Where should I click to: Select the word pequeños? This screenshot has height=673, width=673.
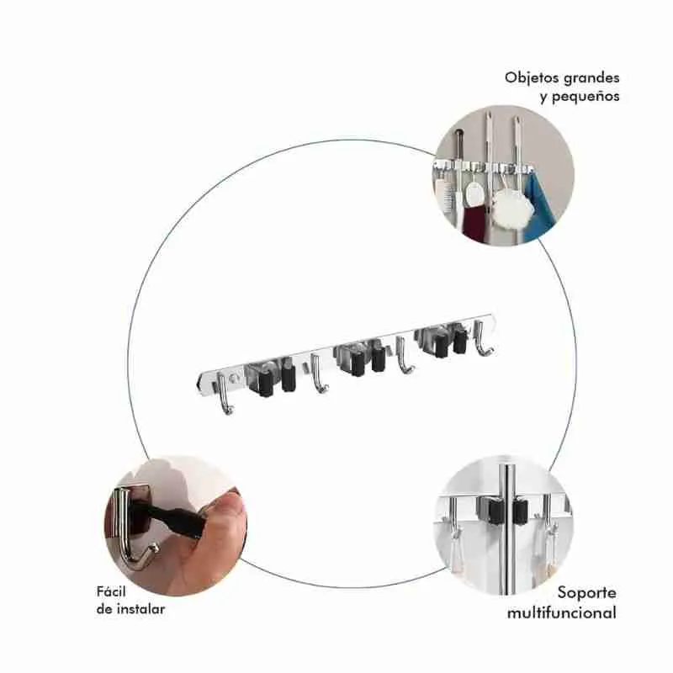(586, 97)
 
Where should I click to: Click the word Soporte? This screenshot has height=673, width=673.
(586, 593)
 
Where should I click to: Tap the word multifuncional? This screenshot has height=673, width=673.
(561, 612)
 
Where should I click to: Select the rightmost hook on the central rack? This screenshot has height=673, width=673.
(482, 339)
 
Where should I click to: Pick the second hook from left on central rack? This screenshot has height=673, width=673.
(318, 374)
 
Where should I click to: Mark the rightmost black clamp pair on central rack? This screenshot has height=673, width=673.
(450, 342)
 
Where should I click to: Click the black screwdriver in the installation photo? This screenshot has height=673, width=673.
(172, 519)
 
